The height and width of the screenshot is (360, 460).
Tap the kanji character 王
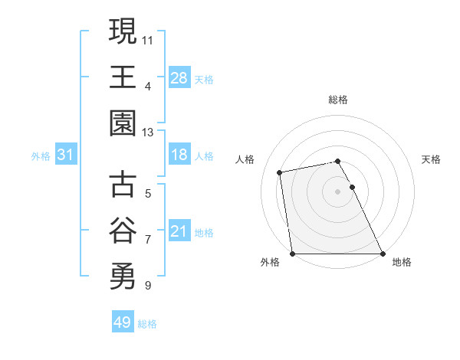pyautogui.click(x=123, y=77)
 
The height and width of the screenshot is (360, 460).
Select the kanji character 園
pyautogui.click(x=123, y=123)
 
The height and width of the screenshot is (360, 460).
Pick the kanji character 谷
pyautogui.click(x=123, y=231)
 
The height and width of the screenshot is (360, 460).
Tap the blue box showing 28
pyautogui.click(x=179, y=77)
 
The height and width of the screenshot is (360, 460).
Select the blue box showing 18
pyautogui.click(x=179, y=155)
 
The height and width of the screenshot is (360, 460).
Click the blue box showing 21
pyautogui.click(x=179, y=231)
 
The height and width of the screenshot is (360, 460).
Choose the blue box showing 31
pyautogui.click(x=65, y=155)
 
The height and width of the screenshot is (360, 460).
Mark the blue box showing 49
pyautogui.click(x=122, y=322)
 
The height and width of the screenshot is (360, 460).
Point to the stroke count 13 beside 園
pyautogui.click(x=148, y=132)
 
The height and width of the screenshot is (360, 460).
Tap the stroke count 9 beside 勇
pyautogui.click(x=147, y=286)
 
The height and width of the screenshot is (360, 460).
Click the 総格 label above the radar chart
pyautogui.click(x=338, y=100)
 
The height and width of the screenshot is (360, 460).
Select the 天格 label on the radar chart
pyautogui.click(x=431, y=159)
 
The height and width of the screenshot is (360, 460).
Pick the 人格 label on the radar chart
pyautogui.click(x=246, y=159)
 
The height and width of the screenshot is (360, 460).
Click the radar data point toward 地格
pyautogui.click(x=383, y=253)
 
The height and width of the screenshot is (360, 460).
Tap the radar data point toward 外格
pyautogui.click(x=293, y=253)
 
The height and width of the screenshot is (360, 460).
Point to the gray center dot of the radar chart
pyautogui.click(x=338, y=191)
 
